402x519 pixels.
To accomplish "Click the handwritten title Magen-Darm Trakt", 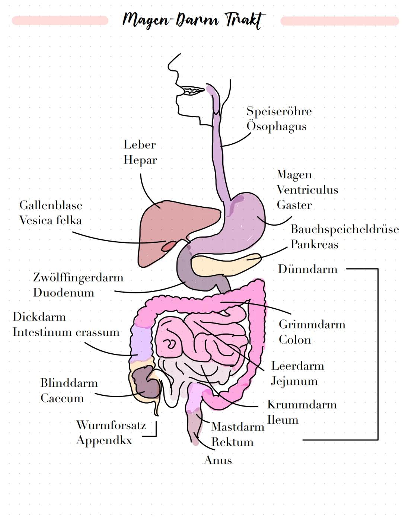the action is pyautogui.click(x=194, y=20).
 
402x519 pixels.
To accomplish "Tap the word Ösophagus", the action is pyautogui.click(x=277, y=126).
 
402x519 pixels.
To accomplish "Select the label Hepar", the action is pyautogui.click(x=140, y=160).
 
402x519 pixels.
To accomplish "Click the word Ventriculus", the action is pyautogui.click(x=307, y=190).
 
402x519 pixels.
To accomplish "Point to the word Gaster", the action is pyautogui.click(x=294, y=205).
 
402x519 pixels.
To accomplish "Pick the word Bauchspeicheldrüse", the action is pyautogui.click(x=345, y=229).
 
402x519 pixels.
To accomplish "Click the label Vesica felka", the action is pyautogui.click(x=50, y=220).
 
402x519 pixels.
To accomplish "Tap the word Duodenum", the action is pyautogui.click(x=64, y=293).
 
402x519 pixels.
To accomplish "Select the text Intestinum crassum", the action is pyautogui.click(x=66, y=332).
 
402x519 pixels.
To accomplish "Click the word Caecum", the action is pyautogui.click(x=62, y=398).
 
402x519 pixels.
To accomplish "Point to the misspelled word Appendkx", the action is pyautogui.click(x=104, y=440).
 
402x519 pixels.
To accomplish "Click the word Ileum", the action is pyautogui.click(x=283, y=420).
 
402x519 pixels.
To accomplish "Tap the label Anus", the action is pyautogui.click(x=218, y=460).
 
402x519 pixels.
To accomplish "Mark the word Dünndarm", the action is pyautogui.click(x=308, y=269).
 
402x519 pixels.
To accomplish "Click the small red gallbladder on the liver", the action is pyautogui.click(x=169, y=246).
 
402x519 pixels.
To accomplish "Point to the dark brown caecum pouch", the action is pyautogui.click(x=145, y=382).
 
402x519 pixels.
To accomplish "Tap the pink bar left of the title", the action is pyautogui.click(x=60, y=20).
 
